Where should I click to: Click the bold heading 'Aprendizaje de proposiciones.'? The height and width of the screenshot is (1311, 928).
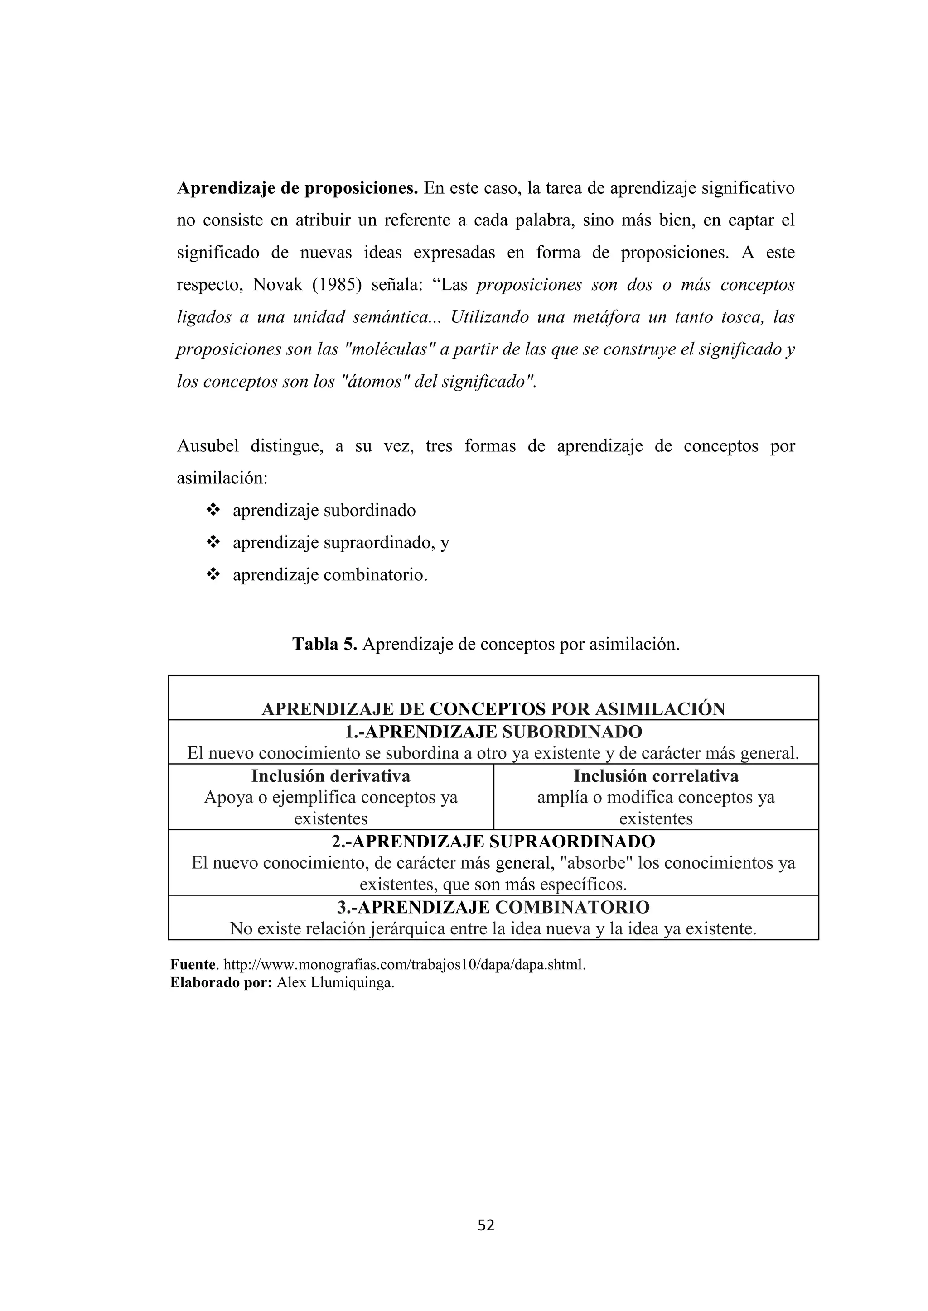coord(298,188)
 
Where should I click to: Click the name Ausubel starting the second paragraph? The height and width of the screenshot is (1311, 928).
coord(208,446)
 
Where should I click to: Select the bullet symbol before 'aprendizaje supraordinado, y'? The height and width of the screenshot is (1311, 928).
coord(213,542)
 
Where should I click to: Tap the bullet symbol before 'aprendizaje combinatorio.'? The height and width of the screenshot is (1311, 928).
coord(213,575)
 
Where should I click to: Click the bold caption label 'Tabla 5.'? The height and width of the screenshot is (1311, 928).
coord(324,644)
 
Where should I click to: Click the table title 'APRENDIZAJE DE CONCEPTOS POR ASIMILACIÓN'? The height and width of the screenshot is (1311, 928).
coord(493,709)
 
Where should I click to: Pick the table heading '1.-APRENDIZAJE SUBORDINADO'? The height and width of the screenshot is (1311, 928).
coord(493,732)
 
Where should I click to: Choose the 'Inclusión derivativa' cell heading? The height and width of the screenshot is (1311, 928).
coord(331,776)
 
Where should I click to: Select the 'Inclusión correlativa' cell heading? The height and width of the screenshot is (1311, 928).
coord(656,776)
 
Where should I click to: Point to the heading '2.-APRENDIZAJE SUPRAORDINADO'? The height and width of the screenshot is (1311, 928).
coord(493,842)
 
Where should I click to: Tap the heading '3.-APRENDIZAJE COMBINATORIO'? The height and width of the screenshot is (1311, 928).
coord(493,907)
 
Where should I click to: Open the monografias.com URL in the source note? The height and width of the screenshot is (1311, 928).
coord(405,965)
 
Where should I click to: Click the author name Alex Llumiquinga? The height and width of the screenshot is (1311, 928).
coord(335,983)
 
